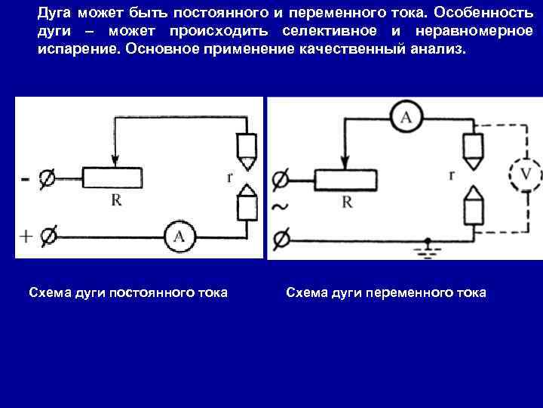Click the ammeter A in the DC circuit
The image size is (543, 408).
coord(179,236)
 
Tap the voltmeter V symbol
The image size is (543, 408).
coord(526,175)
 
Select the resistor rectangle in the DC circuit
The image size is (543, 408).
coord(112,178)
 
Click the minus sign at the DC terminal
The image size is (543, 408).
coord(26,180)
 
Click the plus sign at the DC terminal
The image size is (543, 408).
coord(26,236)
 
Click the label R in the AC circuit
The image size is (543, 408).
coord(347,202)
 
